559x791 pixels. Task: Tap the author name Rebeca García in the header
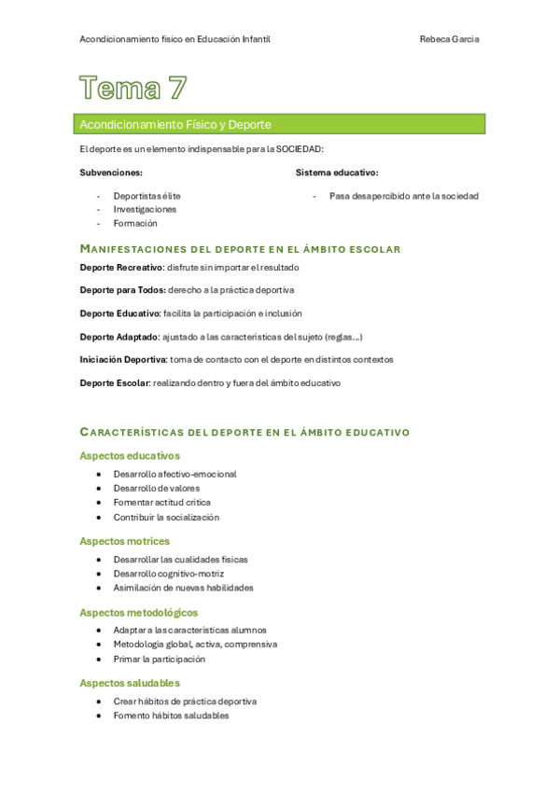point(450,39)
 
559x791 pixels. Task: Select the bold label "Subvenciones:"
point(111,173)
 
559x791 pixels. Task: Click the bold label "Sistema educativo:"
point(337,173)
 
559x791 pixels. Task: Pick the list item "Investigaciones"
point(145,210)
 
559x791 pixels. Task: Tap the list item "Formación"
point(135,224)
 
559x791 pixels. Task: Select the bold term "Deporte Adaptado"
point(119,337)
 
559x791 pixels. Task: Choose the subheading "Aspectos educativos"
point(130,456)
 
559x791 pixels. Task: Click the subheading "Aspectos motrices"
point(125,541)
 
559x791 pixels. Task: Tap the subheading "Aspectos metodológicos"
point(139,613)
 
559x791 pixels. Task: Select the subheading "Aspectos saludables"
point(130,683)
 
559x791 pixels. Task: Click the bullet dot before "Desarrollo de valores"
point(99,488)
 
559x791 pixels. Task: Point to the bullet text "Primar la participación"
point(159,659)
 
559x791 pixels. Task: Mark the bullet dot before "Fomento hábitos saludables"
point(99,715)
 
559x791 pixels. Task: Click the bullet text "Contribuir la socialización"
point(166,517)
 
